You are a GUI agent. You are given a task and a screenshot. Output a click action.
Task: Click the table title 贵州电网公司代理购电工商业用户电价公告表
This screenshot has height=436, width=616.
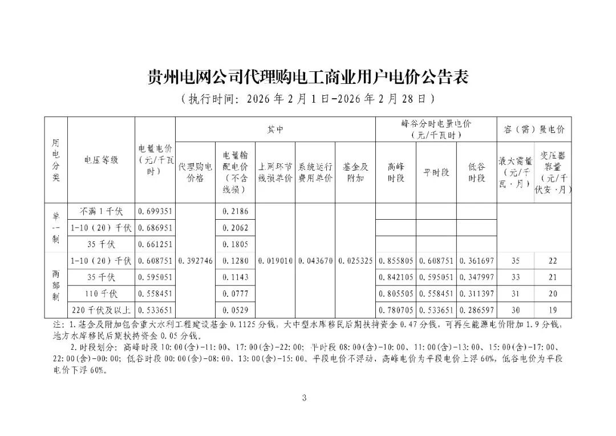[307, 76]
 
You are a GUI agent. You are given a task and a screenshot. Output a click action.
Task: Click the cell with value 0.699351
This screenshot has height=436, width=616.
[155, 211]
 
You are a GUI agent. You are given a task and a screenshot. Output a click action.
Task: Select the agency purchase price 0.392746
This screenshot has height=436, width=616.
[195, 261]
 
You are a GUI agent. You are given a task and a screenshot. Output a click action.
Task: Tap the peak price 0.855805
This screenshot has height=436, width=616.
[395, 261]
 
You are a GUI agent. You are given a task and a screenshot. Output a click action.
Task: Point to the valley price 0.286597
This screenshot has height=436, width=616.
[476, 311]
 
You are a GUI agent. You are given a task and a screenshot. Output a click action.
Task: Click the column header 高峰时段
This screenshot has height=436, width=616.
[395, 172]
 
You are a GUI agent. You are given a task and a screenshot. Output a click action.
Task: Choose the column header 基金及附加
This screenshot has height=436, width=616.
[355, 172]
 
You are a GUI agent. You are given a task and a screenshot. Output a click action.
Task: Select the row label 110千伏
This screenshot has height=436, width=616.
[100, 294]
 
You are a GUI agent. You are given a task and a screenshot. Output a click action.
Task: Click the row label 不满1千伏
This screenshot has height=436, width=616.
[100, 211]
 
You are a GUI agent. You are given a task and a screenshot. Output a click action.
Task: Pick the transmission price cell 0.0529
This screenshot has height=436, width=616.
[235, 311]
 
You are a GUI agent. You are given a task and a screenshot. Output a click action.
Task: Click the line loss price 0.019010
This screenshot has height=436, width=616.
[275, 261]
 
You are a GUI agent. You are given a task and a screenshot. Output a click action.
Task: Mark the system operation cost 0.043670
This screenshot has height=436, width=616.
[315, 261]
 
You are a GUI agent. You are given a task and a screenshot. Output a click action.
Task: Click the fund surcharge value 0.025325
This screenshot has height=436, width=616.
[355, 261]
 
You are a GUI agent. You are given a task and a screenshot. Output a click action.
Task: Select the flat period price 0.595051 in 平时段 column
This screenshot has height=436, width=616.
[436, 277]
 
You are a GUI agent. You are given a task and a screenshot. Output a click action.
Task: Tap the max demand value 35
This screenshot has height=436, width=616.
[516, 261]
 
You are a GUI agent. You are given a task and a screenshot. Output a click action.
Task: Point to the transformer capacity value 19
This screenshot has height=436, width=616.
[552, 311]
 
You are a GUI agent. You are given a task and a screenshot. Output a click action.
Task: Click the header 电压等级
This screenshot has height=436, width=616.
[100, 160]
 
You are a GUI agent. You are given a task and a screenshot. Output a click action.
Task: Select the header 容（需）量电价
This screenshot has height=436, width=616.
[534, 130]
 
